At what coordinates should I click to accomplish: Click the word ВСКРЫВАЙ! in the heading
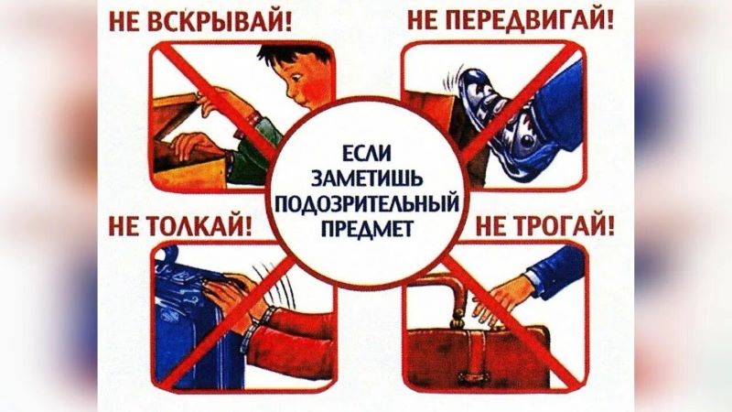[221, 22]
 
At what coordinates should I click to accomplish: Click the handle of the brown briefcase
[444, 289]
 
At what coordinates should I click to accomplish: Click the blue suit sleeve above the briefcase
[555, 271]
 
